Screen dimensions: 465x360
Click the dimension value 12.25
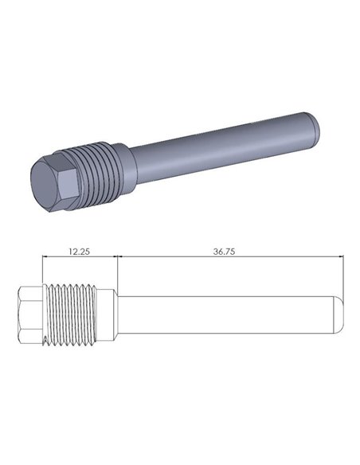(78, 250)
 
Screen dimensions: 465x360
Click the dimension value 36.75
(229, 250)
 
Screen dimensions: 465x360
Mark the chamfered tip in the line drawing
(338, 318)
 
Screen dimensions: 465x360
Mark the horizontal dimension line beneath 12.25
(80, 257)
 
